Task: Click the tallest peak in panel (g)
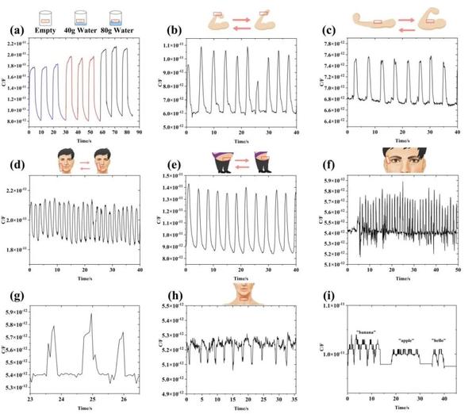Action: [92, 315]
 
